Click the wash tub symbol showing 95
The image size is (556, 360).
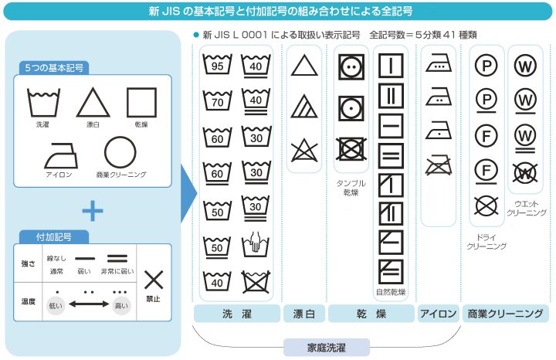[x=217, y=65]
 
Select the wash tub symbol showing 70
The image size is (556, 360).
[x=217, y=100]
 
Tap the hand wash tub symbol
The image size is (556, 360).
[x=256, y=245]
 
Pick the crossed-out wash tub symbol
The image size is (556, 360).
[x=256, y=282]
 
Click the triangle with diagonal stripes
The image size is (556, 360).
[x=304, y=107]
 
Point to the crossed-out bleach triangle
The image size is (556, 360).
[x=304, y=151]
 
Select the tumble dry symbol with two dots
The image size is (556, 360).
[x=351, y=66]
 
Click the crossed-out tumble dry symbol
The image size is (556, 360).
[x=351, y=149]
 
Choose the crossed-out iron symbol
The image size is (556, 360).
[x=439, y=165]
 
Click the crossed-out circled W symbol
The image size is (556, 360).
[x=526, y=173]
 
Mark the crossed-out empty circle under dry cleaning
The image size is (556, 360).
[x=486, y=205]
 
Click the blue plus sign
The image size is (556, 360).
[x=93, y=211]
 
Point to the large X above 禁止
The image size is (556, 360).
[x=154, y=280]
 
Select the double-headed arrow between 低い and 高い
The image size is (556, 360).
[x=89, y=304]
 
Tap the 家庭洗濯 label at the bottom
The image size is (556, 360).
[x=326, y=348]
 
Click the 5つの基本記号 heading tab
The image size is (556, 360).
[x=54, y=68]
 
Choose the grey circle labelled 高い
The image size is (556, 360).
[x=121, y=306]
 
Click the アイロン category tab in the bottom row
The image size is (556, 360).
[x=439, y=314]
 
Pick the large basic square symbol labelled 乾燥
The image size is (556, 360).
[x=141, y=103]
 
